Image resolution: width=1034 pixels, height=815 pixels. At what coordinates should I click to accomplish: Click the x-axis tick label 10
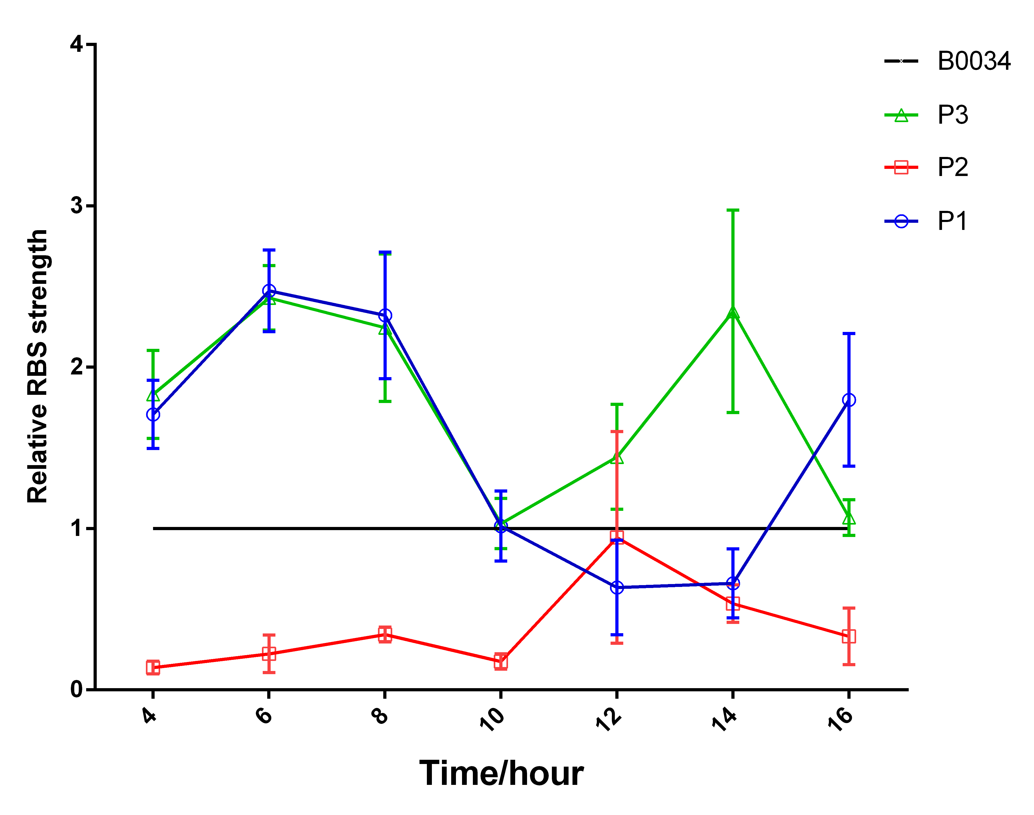pyautogui.click(x=492, y=719)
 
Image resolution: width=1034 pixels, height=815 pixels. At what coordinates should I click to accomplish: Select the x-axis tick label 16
pyautogui.click(x=840, y=719)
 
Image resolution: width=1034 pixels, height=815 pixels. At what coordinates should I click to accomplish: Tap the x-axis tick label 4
pyautogui.click(x=150, y=716)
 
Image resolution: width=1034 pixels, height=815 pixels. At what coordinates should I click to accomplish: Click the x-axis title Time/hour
pyautogui.click(x=501, y=774)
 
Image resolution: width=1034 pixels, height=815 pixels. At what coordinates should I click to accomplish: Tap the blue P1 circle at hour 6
pyautogui.click(x=269, y=291)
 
